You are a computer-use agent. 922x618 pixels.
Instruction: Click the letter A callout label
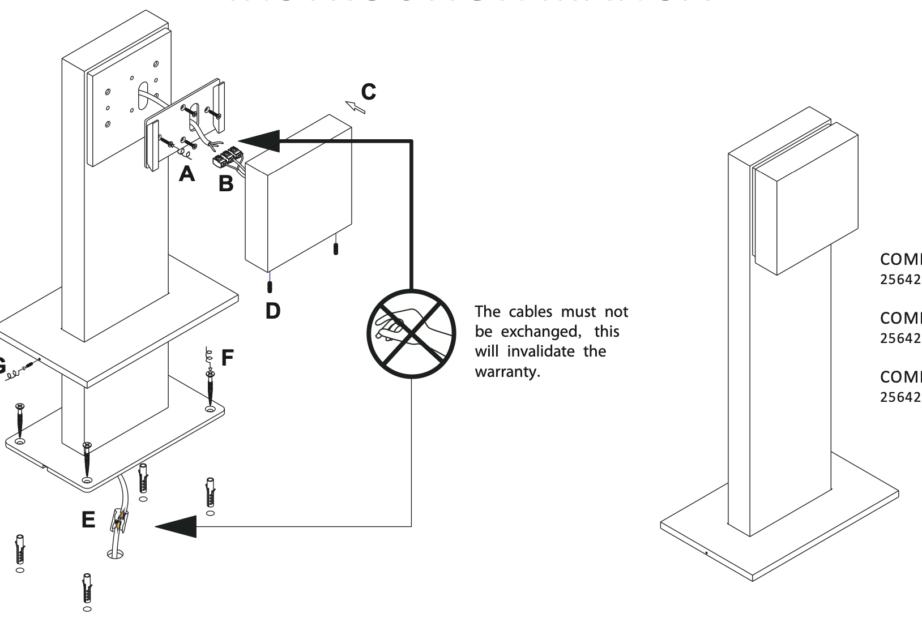[x=187, y=174]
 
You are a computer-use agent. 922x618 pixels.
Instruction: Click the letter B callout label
[x=226, y=184]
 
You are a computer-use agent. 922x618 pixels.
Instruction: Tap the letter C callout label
[x=368, y=91]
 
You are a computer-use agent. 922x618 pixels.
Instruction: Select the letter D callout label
[x=273, y=310]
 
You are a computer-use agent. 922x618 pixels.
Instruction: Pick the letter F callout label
[x=227, y=358]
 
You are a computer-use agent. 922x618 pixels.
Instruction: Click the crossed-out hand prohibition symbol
[x=412, y=334]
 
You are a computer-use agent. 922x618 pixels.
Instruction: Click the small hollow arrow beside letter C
[x=355, y=106]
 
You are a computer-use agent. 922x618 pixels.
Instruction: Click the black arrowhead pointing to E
[x=176, y=527]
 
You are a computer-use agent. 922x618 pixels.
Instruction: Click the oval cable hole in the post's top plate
[x=142, y=95]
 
